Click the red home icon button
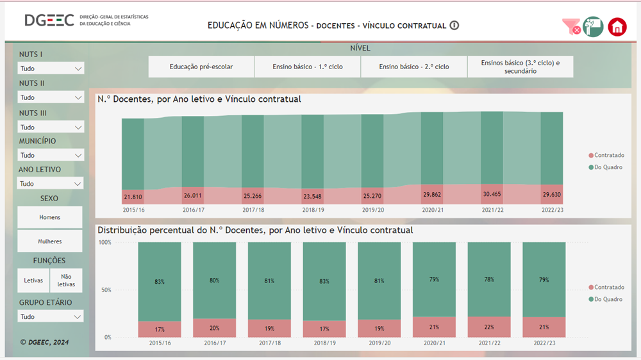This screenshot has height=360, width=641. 617,27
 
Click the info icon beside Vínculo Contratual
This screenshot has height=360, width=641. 454,26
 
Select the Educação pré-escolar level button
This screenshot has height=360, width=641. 201,67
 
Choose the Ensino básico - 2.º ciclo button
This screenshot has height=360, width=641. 413,67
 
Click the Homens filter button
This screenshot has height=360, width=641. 50,217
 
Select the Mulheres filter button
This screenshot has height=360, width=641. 50,241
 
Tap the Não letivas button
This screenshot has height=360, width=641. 66,281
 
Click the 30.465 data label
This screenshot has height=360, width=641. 492,195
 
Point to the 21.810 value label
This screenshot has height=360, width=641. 133,196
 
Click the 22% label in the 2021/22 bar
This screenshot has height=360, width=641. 489,327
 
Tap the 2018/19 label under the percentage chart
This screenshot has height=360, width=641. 324,343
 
